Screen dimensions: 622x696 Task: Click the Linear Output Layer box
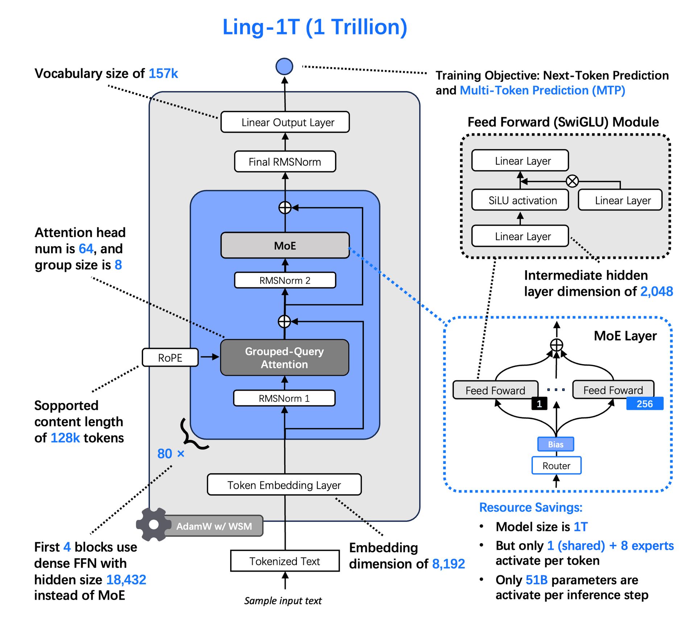point(285,122)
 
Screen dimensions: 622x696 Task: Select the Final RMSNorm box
point(285,162)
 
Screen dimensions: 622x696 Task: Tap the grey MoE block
point(285,246)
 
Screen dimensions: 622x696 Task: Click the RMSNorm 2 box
point(285,280)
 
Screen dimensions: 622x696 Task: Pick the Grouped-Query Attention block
point(285,358)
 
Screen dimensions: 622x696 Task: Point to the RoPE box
point(170,358)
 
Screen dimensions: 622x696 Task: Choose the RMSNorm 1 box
point(284,398)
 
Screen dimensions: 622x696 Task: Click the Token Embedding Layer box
point(284,485)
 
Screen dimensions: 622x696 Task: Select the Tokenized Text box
point(285,561)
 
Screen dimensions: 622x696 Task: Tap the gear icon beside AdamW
point(154,524)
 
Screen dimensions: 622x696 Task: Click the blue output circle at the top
point(284,66)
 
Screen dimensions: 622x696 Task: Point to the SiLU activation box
point(520,200)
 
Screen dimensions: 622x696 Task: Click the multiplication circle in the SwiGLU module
point(572,181)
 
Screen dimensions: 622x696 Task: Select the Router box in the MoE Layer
point(556,466)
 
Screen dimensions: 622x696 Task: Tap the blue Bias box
point(556,444)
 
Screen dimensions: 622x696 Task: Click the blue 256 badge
point(645,404)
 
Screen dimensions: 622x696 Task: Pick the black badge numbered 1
point(539,404)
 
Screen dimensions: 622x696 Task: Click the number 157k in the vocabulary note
point(163,74)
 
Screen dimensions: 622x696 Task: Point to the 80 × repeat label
point(171,454)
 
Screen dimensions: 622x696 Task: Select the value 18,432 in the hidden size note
point(126,580)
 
